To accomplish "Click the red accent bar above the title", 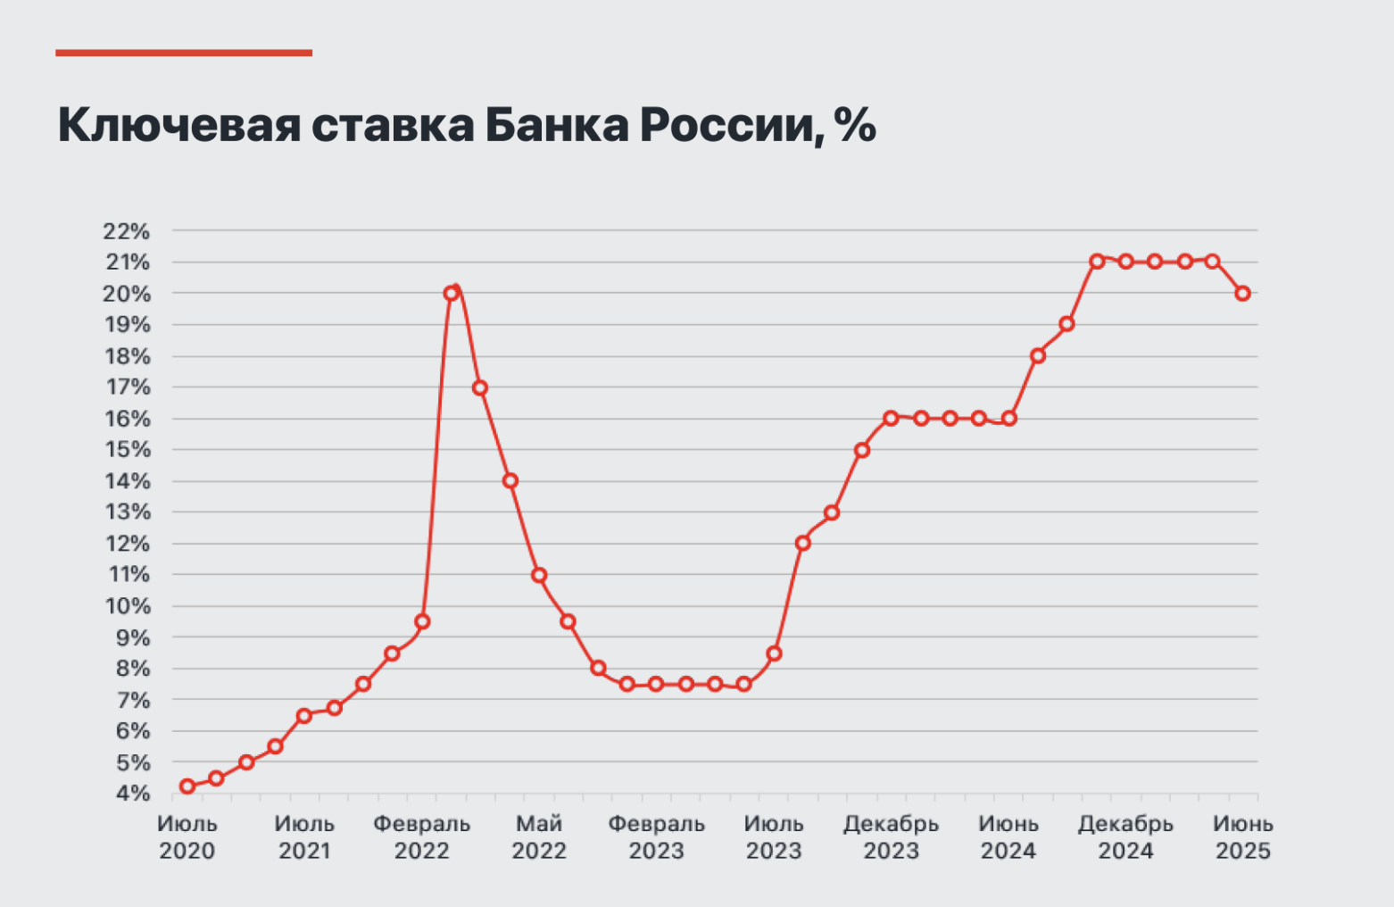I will pyautogui.click(x=184, y=53).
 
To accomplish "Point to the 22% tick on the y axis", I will pyautogui.click(x=127, y=231).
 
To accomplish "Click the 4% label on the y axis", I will pyautogui.click(x=132, y=794).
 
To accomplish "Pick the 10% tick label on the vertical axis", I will pyautogui.click(x=127, y=606).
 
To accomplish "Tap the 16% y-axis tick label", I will pyautogui.click(x=127, y=419).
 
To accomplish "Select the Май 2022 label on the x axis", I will pyautogui.click(x=539, y=837).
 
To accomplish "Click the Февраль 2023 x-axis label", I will pyautogui.click(x=656, y=837).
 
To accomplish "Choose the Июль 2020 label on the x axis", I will pyautogui.click(x=187, y=837).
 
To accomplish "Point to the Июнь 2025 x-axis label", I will pyautogui.click(x=1242, y=837).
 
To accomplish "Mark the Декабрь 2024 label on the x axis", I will pyautogui.click(x=1125, y=837).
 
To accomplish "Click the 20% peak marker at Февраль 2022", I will pyautogui.click(x=451, y=293).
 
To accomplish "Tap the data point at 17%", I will pyautogui.click(x=479, y=387).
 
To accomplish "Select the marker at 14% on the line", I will pyautogui.click(x=510, y=481).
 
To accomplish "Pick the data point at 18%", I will pyautogui.click(x=1038, y=356).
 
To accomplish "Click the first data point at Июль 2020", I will pyautogui.click(x=187, y=786).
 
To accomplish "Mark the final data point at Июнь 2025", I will pyautogui.click(x=1242, y=293).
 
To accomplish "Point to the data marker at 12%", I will pyautogui.click(x=802, y=543).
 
